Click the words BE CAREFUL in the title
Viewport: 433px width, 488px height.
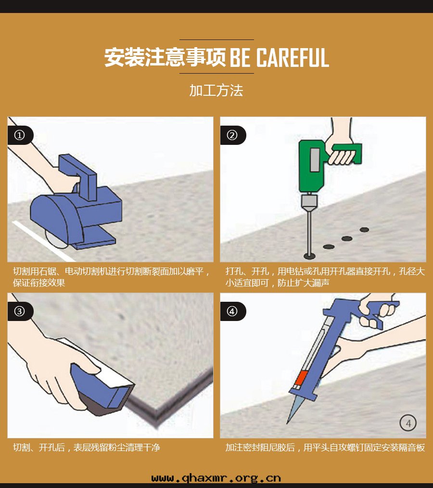click(279, 58)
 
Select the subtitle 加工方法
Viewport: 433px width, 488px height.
click(216, 90)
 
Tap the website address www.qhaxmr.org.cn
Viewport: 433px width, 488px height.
click(216, 478)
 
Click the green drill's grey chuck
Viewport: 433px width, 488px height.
click(309, 200)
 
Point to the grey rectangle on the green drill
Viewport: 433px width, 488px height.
click(315, 160)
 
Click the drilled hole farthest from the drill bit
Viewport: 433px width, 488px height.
click(364, 230)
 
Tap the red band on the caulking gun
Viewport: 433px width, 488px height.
click(301, 378)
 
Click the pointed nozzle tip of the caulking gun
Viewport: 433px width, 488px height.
click(287, 423)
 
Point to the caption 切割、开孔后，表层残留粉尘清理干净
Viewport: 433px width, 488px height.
click(87, 448)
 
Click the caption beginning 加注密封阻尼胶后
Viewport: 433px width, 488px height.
click(325, 448)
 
